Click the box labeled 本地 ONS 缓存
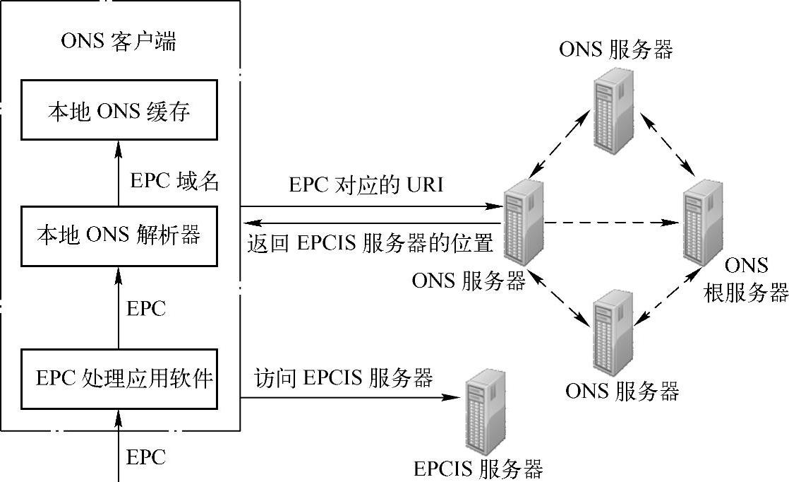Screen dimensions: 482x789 [x=119, y=112]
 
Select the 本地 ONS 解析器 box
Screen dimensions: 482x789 [x=119, y=235]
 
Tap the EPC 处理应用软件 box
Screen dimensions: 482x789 [x=119, y=378]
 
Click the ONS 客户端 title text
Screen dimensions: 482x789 [x=119, y=42]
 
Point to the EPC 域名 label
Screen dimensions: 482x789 [x=175, y=181]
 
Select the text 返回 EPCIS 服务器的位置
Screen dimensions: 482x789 [x=370, y=243]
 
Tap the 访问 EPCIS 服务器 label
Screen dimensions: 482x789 [x=343, y=378]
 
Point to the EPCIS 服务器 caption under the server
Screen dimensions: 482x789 [x=478, y=469]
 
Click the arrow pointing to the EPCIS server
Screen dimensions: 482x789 [x=346, y=397]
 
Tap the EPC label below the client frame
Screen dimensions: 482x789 [x=145, y=457]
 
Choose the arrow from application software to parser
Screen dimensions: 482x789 [x=119, y=307]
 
